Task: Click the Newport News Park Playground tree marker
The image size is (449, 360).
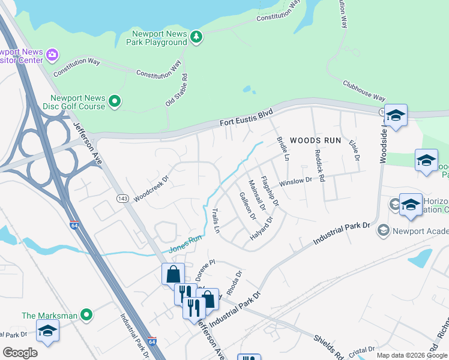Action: click(196, 38)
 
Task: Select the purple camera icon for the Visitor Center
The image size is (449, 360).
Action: click(52, 55)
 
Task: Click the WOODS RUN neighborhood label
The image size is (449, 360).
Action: click(315, 140)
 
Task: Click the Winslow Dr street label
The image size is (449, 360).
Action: click(296, 180)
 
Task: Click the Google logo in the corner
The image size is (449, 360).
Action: click(20, 353)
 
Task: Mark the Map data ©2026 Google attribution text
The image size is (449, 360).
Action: click(411, 355)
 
